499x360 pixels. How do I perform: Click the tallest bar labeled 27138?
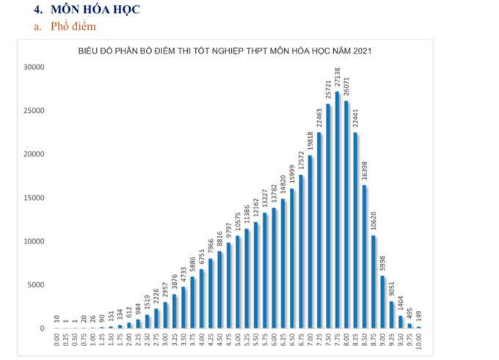[x=337, y=210]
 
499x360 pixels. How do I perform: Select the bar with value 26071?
[x=346, y=214]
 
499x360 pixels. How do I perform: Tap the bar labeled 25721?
[x=328, y=216]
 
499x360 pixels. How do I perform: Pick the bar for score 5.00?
[x=238, y=282]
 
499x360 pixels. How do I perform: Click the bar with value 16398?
[x=364, y=257]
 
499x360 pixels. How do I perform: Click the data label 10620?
[x=373, y=222]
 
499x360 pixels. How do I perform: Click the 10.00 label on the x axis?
[x=418, y=340]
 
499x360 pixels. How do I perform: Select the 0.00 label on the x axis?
[x=57, y=340]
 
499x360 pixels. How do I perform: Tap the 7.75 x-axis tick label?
[x=337, y=340]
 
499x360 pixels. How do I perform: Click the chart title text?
[x=225, y=51]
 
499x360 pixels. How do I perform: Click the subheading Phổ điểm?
[x=73, y=27]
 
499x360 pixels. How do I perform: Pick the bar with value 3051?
[x=391, y=315]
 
